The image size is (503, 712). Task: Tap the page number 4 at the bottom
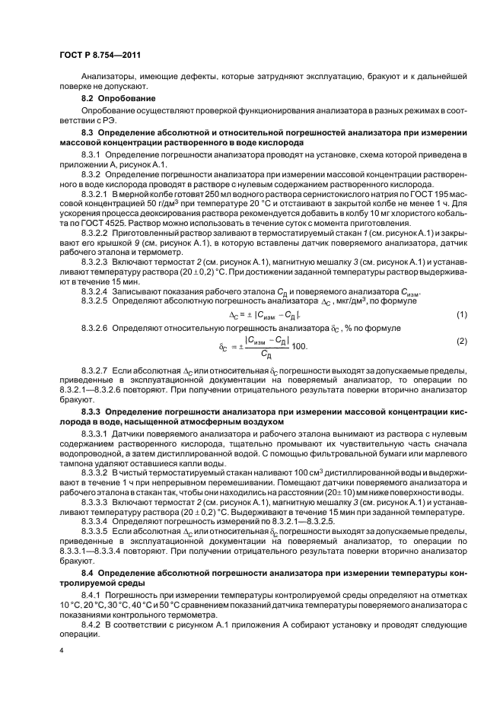pyautogui.click(x=62, y=651)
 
